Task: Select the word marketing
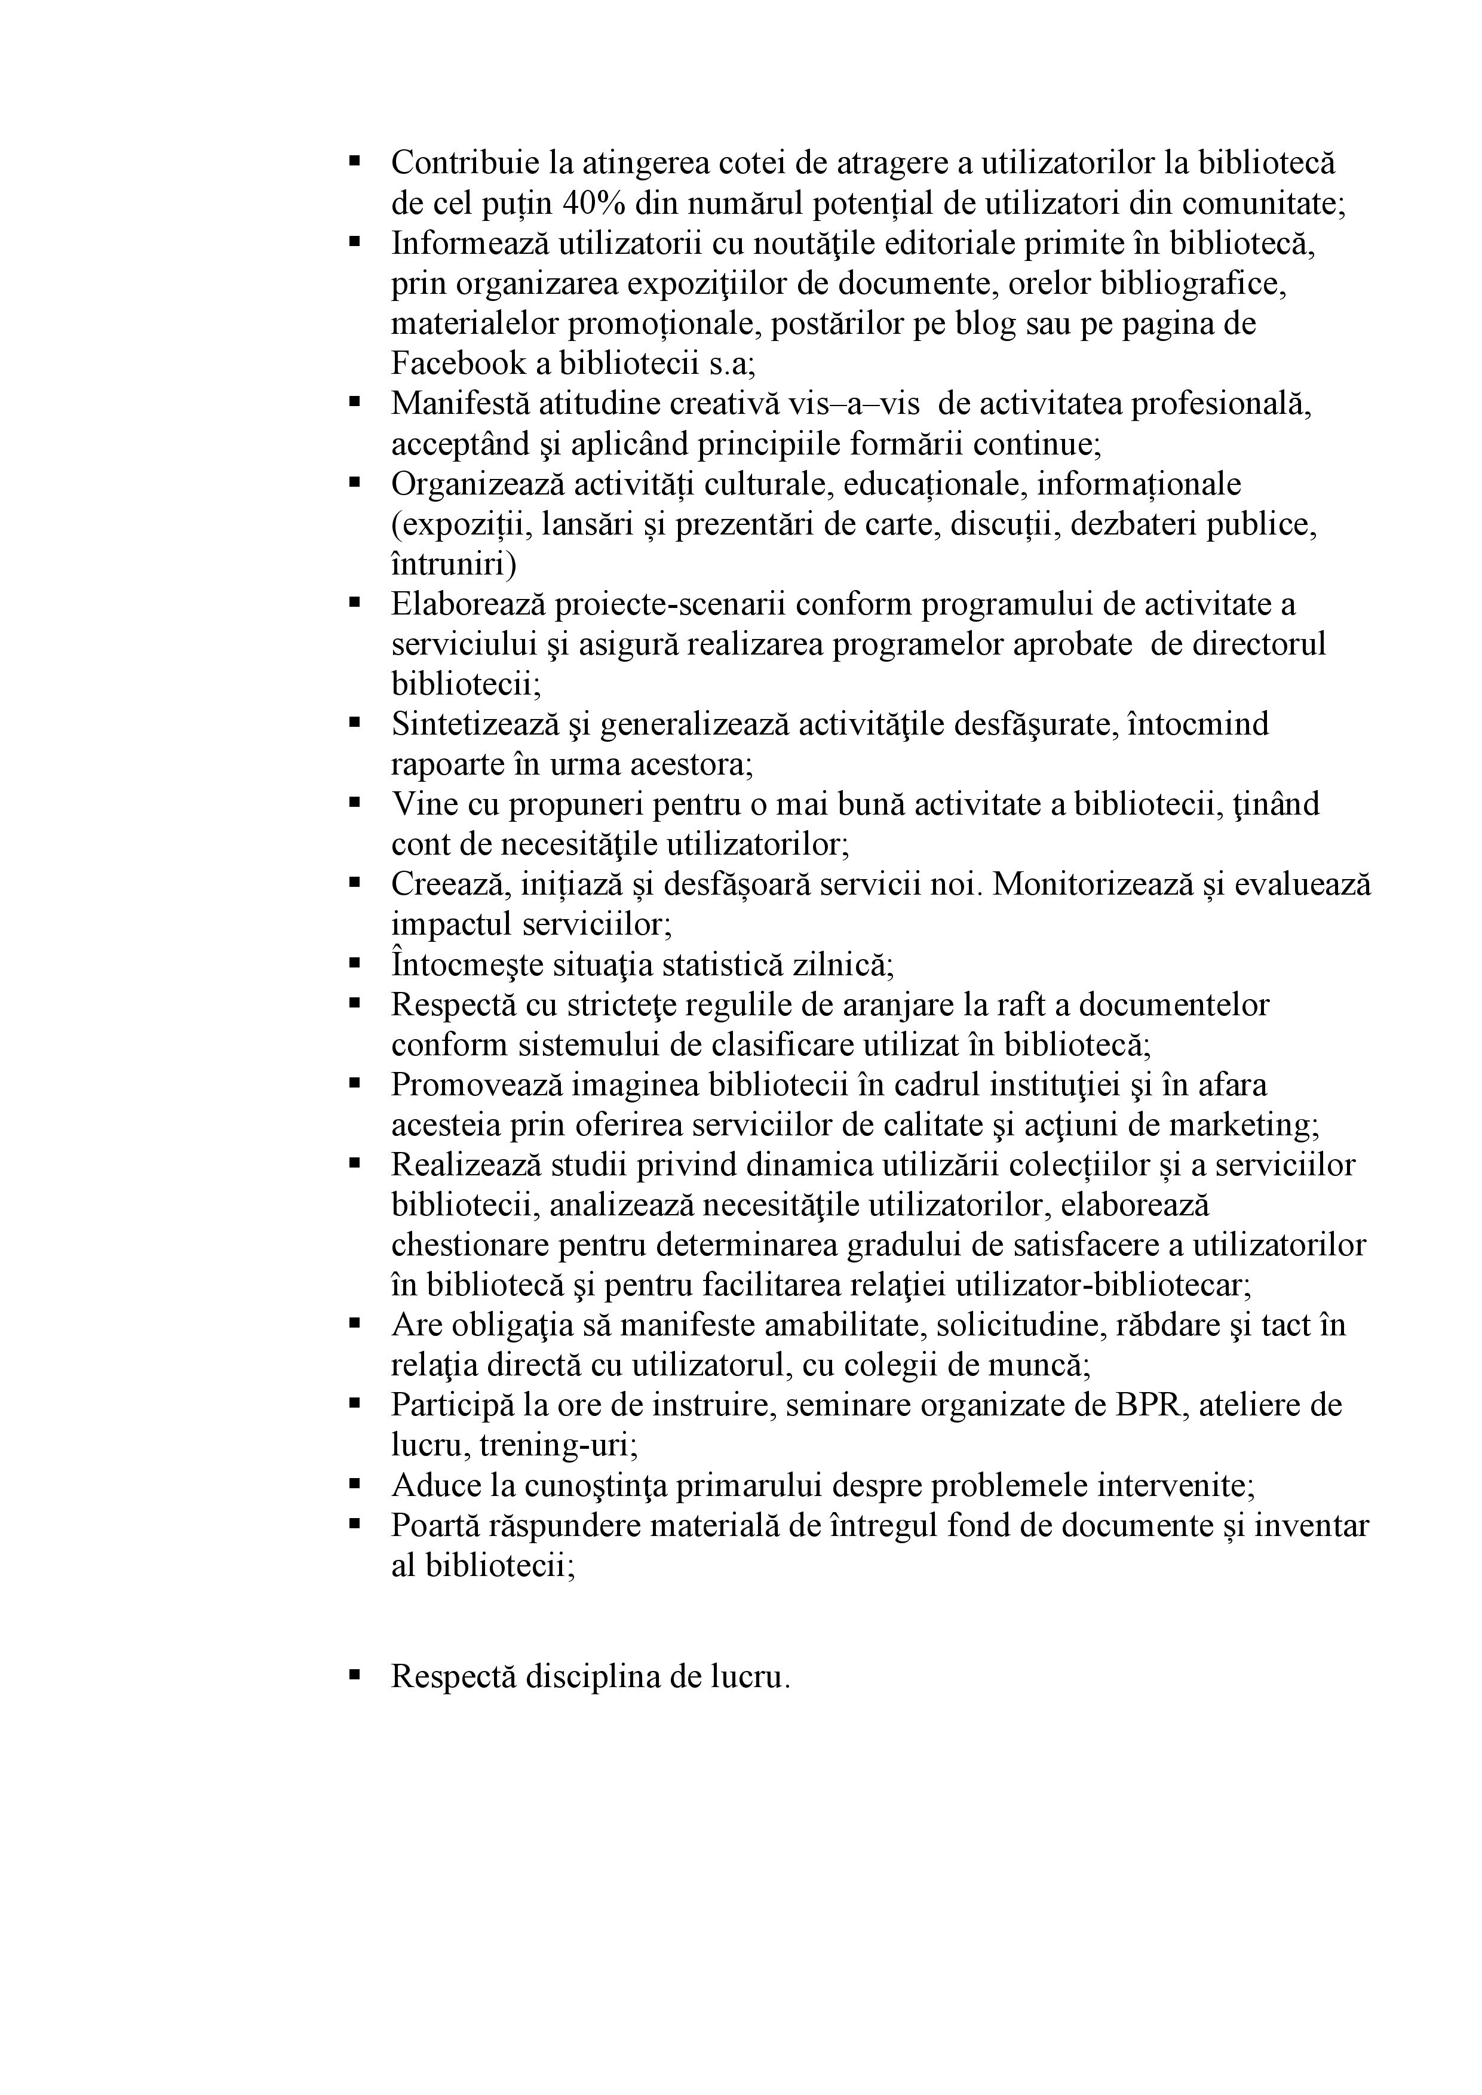point(1241,1125)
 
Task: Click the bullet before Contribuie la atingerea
point(354,161)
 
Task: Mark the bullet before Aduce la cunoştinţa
point(354,1483)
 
